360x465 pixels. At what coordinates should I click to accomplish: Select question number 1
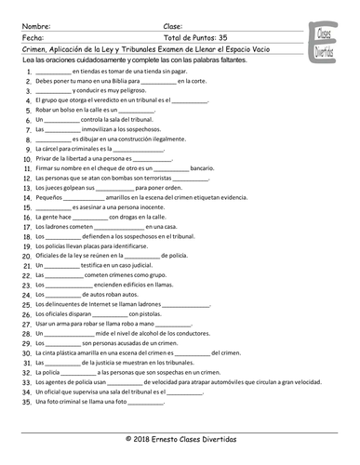pos(30,72)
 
